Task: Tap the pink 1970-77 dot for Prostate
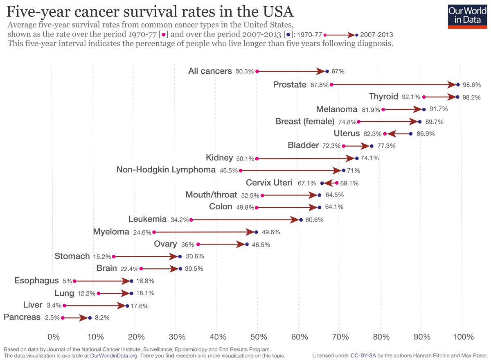coord(331,85)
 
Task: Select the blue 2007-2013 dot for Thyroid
coord(457,97)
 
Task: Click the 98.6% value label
coord(471,85)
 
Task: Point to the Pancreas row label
coord(22,317)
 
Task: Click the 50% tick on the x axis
coord(258,337)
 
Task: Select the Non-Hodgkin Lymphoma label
coord(166,170)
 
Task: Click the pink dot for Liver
coord(64,306)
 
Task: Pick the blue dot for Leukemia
coord(301,220)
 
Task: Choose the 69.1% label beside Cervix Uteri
coord(348,183)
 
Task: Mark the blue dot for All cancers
coord(327,71)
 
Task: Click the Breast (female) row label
coord(305,121)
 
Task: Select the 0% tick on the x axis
coord(53,337)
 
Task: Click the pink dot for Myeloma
coord(154,232)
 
